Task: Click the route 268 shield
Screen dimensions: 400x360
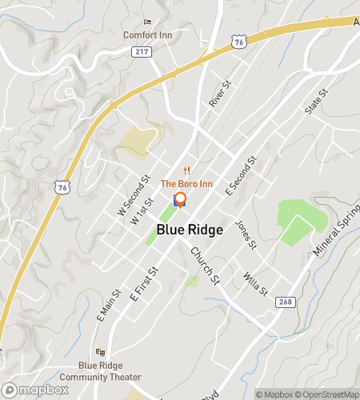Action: (286, 302)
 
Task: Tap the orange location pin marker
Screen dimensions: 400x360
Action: (180, 200)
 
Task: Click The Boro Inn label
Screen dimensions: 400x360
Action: (187, 183)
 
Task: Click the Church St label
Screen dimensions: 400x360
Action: (204, 265)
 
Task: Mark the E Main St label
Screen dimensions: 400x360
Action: (108, 306)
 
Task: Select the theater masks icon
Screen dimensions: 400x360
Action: (100, 351)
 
